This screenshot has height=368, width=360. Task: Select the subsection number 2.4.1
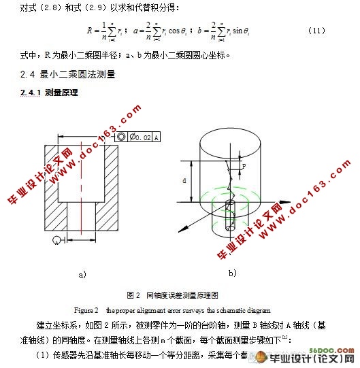[x=31, y=92]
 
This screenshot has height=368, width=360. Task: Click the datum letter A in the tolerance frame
[x=157, y=137]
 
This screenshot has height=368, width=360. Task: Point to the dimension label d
[x=184, y=181]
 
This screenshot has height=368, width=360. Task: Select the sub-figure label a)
[x=83, y=275]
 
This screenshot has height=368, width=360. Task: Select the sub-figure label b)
[x=232, y=273]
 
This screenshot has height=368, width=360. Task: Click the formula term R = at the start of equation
[x=94, y=31]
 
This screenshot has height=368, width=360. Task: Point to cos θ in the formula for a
[x=180, y=31]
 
